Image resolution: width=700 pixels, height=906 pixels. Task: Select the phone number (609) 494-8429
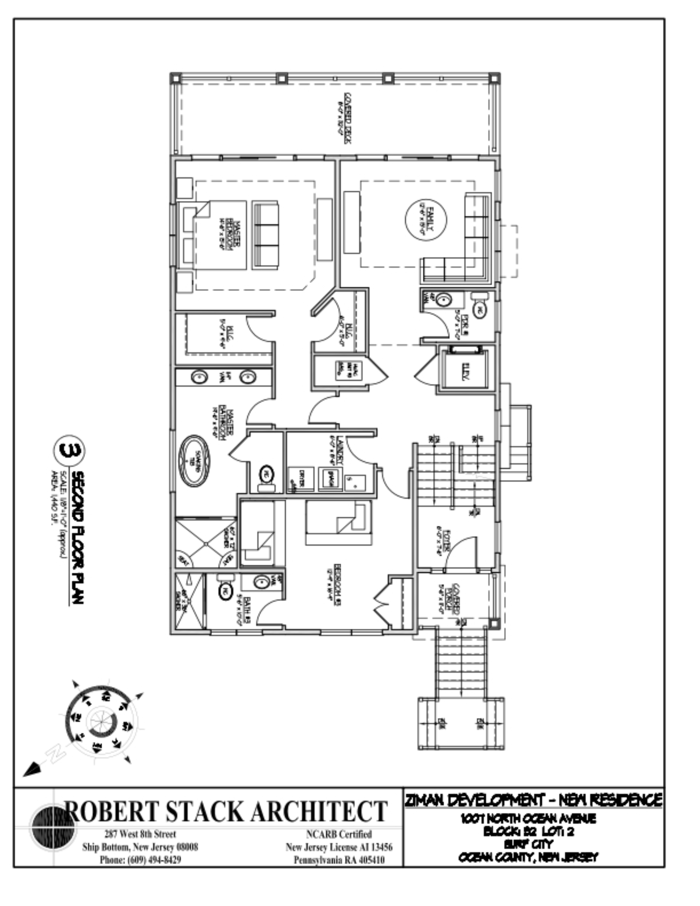(140, 860)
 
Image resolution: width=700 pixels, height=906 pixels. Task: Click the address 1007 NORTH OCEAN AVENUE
(529, 818)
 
